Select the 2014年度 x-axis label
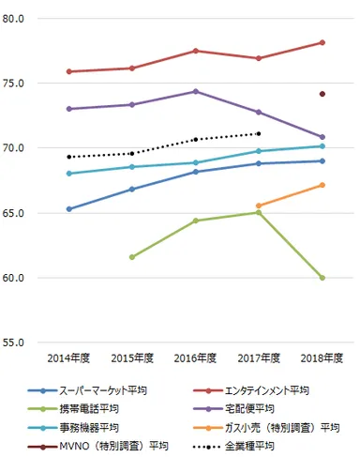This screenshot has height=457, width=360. (x=68, y=358)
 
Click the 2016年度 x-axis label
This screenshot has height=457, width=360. (x=195, y=358)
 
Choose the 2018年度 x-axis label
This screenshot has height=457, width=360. (x=322, y=358)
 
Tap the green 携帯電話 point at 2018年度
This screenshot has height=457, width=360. (x=322, y=278)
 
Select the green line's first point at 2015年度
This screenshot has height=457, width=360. (x=132, y=257)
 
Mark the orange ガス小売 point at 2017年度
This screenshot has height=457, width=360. (x=259, y=206)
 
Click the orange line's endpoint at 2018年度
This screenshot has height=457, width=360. (x=322, y=185)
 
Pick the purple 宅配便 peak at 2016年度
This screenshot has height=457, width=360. (x=195, y=91)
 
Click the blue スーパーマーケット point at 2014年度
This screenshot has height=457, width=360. (x=68, y=209)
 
